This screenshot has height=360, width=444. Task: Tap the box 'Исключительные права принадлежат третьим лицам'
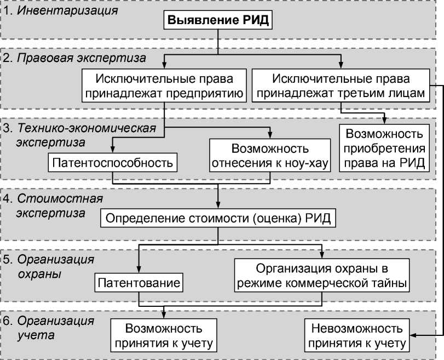(x=341, y=85)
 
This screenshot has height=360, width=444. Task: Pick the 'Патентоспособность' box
(x=113, y=162)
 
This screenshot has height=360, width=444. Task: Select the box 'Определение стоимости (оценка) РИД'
(x=218, y=218)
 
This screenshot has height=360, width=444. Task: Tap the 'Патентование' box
(x=139, y=283)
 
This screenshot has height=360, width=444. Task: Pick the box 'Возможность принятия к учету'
(x=164, y=335)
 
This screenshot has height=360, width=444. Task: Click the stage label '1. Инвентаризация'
(x=60, y=10)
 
